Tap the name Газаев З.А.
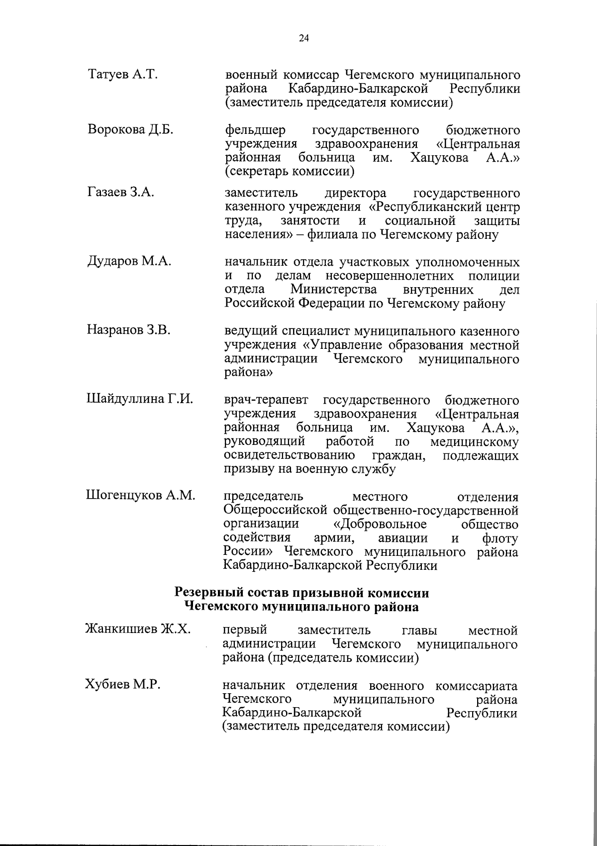pyautogui.click(x=120, y=193)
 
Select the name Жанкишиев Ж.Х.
pyautogui.click(x=138, y=630)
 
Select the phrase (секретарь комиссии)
pyautogui.click(x=290, y=172)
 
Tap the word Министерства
pyautogui.click(x=333, y=290)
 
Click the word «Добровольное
pyautogui.click(x=379, y=525)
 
